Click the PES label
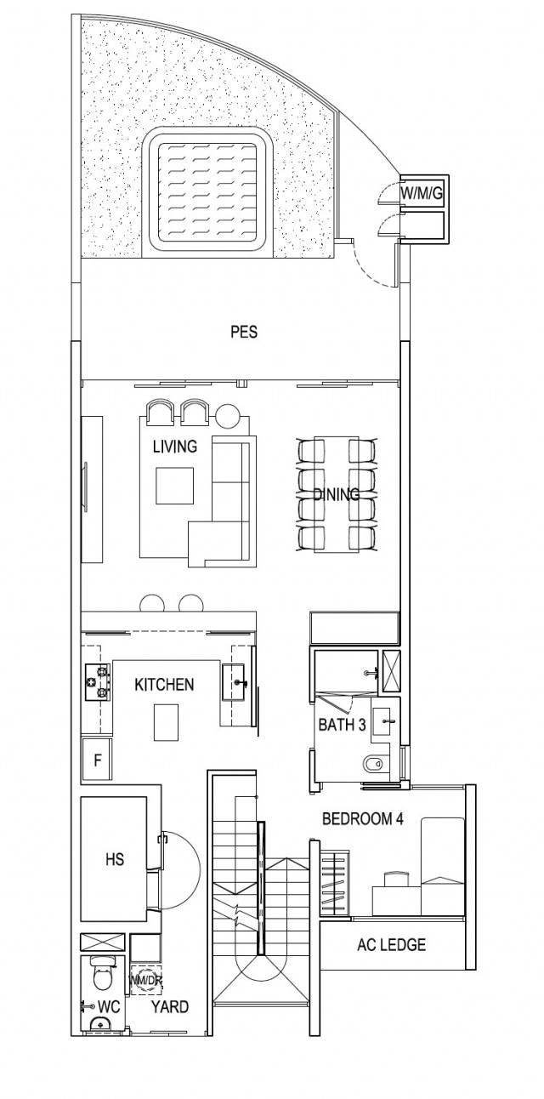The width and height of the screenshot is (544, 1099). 243,333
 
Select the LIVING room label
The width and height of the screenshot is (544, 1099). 175,446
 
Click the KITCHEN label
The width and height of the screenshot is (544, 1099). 164,684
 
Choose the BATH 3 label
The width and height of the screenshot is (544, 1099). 343,725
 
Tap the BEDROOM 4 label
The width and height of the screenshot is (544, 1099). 362,819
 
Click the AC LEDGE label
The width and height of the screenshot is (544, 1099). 392,944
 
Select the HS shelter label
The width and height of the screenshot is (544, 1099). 115,860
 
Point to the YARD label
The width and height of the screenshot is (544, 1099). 170,1006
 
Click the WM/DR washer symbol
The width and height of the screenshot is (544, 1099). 144,981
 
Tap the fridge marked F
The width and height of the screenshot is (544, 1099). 98,760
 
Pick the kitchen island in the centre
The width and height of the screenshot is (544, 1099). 167,722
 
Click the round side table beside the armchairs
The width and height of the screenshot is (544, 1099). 229,416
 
